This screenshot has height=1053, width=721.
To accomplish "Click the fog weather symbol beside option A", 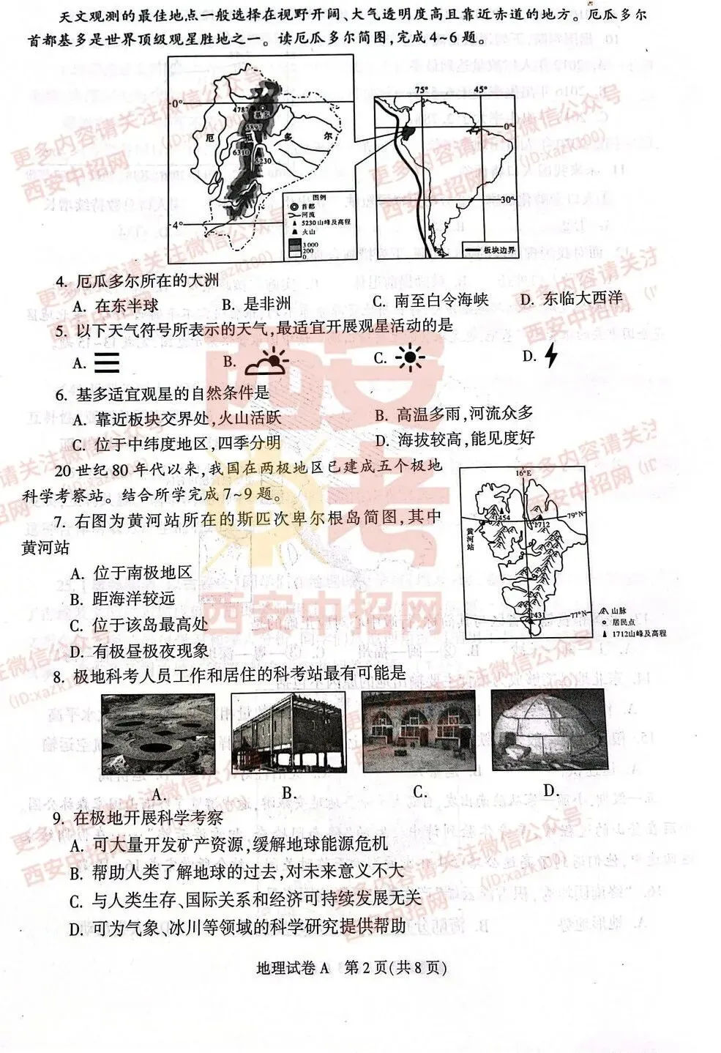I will point(107,362).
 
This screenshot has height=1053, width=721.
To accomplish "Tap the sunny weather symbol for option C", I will point(410,357).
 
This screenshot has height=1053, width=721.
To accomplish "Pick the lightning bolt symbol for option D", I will point(552,356).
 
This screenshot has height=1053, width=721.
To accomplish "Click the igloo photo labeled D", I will point(549,732).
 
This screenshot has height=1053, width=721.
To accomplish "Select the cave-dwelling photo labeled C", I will point(419,732).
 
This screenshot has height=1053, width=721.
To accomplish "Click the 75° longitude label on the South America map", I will point(422,90).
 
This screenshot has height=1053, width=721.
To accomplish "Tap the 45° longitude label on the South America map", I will point(479,90).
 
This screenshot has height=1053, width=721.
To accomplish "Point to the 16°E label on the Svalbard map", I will point(522,475).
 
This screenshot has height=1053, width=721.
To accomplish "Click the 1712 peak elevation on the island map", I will point(542,525).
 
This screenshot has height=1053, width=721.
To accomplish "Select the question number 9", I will point(60,818).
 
